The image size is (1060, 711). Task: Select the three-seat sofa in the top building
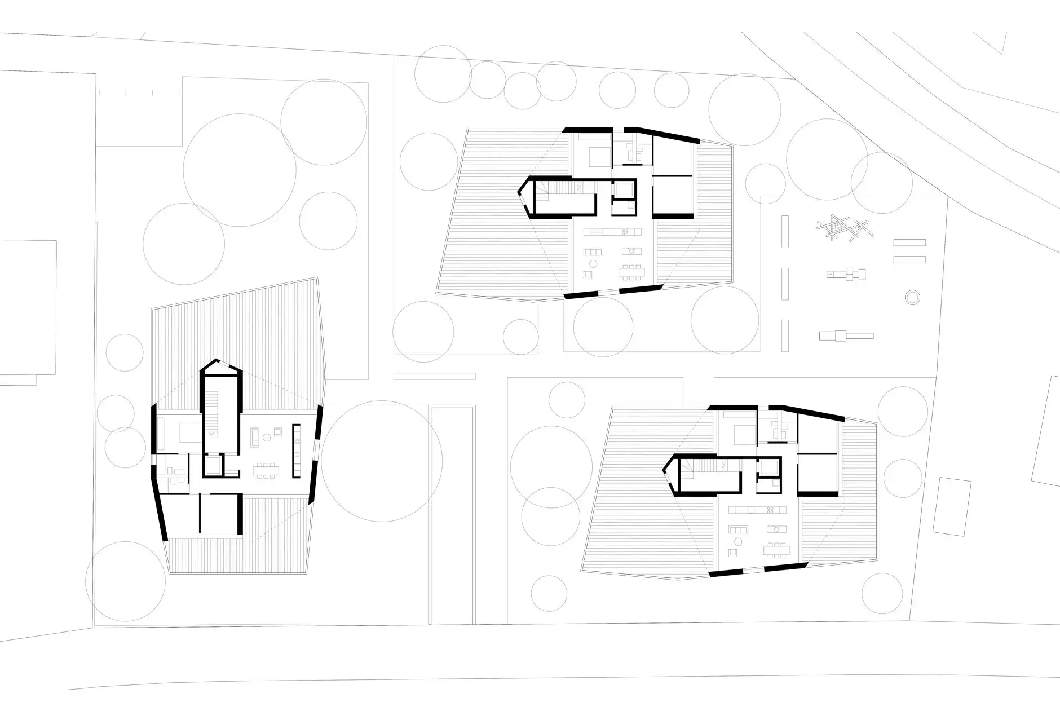click(594, 251)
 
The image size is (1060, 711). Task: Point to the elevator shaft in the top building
click(623, 189)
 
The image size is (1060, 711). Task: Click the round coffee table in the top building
click(593, 264)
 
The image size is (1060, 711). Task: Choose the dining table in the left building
click(265, 470)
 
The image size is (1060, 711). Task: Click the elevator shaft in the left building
click(214, 466)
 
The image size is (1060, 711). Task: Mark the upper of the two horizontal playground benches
click(909, 242)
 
